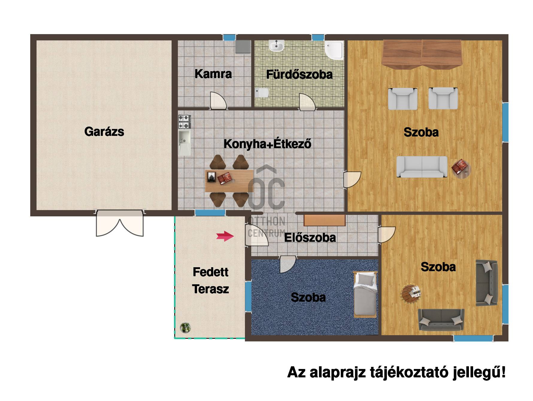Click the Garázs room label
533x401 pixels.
point(104,132)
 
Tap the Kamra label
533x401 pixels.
point(213,74)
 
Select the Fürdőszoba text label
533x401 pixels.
point(299,75)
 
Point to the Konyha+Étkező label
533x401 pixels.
point(267,144)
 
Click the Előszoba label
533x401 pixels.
point(310,238)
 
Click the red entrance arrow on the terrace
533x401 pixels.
point(225,236)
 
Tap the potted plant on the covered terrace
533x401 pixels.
point(185,328)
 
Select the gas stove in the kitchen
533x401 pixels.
point(184,121)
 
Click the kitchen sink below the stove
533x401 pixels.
point(184,142)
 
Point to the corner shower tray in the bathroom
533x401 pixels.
point(334,50)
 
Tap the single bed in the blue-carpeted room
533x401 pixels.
point(364,294)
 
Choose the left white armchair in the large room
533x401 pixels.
point(403,98)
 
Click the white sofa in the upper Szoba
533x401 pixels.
point(422,167)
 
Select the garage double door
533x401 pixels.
point(120,223)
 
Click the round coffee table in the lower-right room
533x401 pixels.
point(412,294)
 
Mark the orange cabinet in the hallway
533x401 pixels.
point(325,220)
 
